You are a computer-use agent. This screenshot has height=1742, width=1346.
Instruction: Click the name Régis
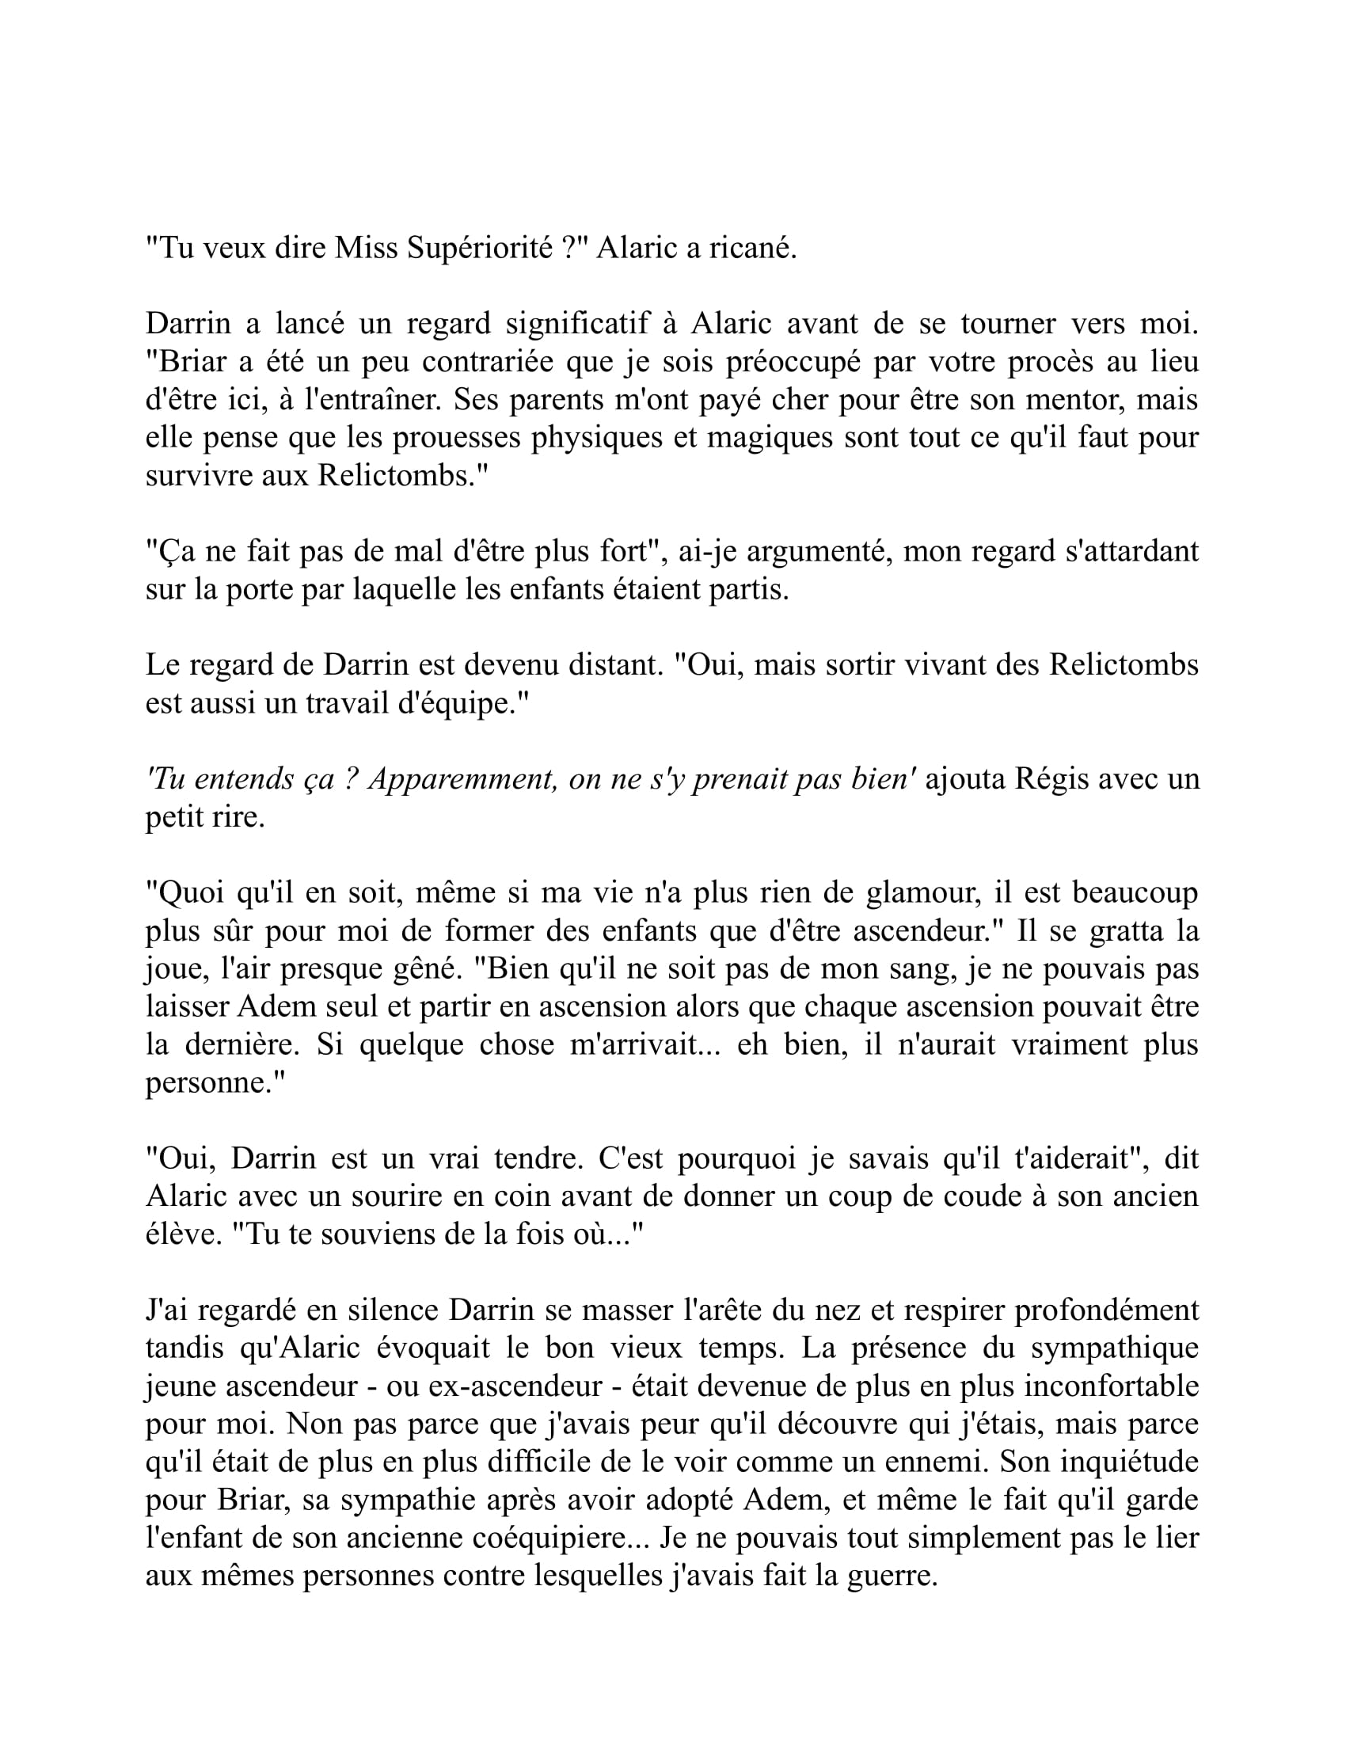[x=1049, y=778]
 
